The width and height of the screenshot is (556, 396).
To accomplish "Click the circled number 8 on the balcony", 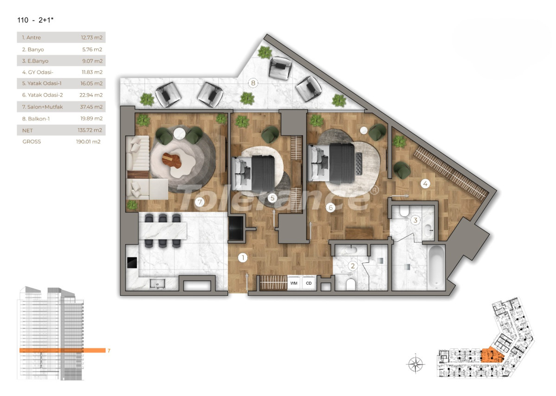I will pos(253,83).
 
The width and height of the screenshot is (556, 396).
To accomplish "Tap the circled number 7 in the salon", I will pos(200,202).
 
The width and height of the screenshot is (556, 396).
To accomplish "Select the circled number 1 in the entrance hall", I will pos(242,257).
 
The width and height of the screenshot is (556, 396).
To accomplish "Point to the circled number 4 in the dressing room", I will pos(425,184).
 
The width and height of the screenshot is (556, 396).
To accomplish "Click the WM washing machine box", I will pos(294,282).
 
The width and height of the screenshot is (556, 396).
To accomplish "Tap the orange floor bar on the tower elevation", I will pos(62,351).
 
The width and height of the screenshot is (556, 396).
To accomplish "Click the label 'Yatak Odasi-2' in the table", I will pos(42,95).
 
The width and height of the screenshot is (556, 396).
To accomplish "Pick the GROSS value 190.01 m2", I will pos(88,142).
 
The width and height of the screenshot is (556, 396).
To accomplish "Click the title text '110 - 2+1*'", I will pos(32,20).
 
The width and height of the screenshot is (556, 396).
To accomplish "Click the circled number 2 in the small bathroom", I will pos(353,266).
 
